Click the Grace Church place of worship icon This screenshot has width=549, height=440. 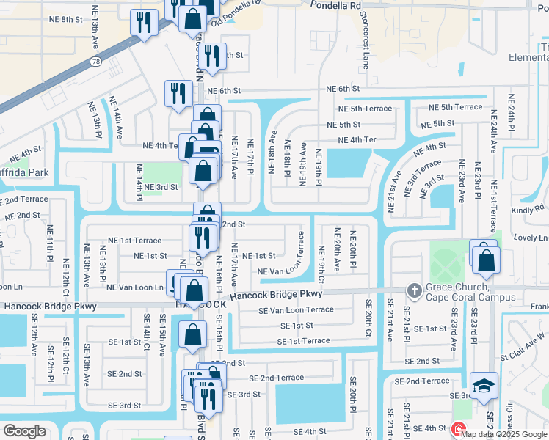(414, 290)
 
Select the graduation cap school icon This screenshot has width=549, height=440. (484, 385)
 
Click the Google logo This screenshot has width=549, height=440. (24, 430)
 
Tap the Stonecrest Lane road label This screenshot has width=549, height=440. (366, 40)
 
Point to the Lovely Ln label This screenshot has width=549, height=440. (531, 238)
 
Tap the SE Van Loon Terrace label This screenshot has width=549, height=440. (296, 310)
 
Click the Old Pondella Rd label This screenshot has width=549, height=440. (236, 14)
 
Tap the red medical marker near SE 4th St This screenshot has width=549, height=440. (458, 429)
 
